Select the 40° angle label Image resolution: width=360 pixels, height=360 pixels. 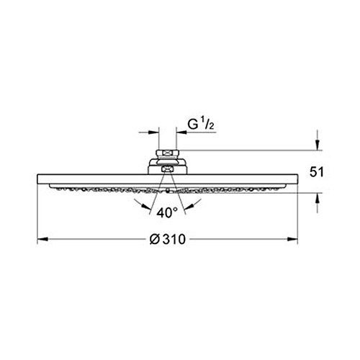(167, 213)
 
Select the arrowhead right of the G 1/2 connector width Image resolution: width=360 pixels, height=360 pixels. (181, 132)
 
